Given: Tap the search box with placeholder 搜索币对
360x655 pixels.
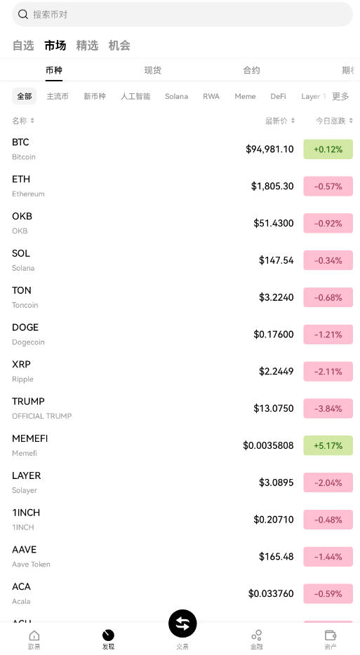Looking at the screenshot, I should pyautogui.click(x=182, y=14).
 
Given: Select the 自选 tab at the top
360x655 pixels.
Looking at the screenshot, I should pyautogui.click(x=23, y=46).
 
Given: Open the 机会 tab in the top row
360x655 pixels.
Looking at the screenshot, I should pyautogui.click(x=119, y=46).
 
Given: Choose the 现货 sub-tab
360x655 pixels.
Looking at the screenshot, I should pyautogui.click(x=152, y=70).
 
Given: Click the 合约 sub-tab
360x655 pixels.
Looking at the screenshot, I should pyautogui.click(x=251, y=70).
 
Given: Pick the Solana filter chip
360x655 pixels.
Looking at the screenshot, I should pyautogui.click(x=176, y=96).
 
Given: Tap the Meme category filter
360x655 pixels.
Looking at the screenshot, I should pyautogui.click(x=245, y=96).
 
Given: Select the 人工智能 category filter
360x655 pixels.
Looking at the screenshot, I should pyautogui.click(x=135, y=96).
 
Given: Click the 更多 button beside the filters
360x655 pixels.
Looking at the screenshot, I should pyautogui.click(x=340, y=96).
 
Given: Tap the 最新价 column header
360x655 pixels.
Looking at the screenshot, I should pyautogui.click(x=279, y=121).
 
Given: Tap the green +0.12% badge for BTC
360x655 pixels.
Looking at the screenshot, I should pyautogui.click(x=328, y=149).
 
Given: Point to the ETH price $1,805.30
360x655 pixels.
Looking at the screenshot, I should pyautogui.click(x=272, y=187).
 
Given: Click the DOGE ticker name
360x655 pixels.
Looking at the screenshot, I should pyautogui.click(x=25, y=327).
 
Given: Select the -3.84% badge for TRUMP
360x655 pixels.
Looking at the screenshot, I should pyautogui.click(x=328, y=409).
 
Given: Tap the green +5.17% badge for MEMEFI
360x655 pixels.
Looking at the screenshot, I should pyautogui.click(x=328, y=445).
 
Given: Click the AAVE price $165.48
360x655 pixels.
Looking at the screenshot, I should pyautogui.click(x=276, y=557).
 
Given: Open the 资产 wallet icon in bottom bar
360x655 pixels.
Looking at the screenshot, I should pyautogui.click(x=331, y=638).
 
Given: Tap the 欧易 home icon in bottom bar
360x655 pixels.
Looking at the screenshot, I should pyautogui.click(x=34, y=638).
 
